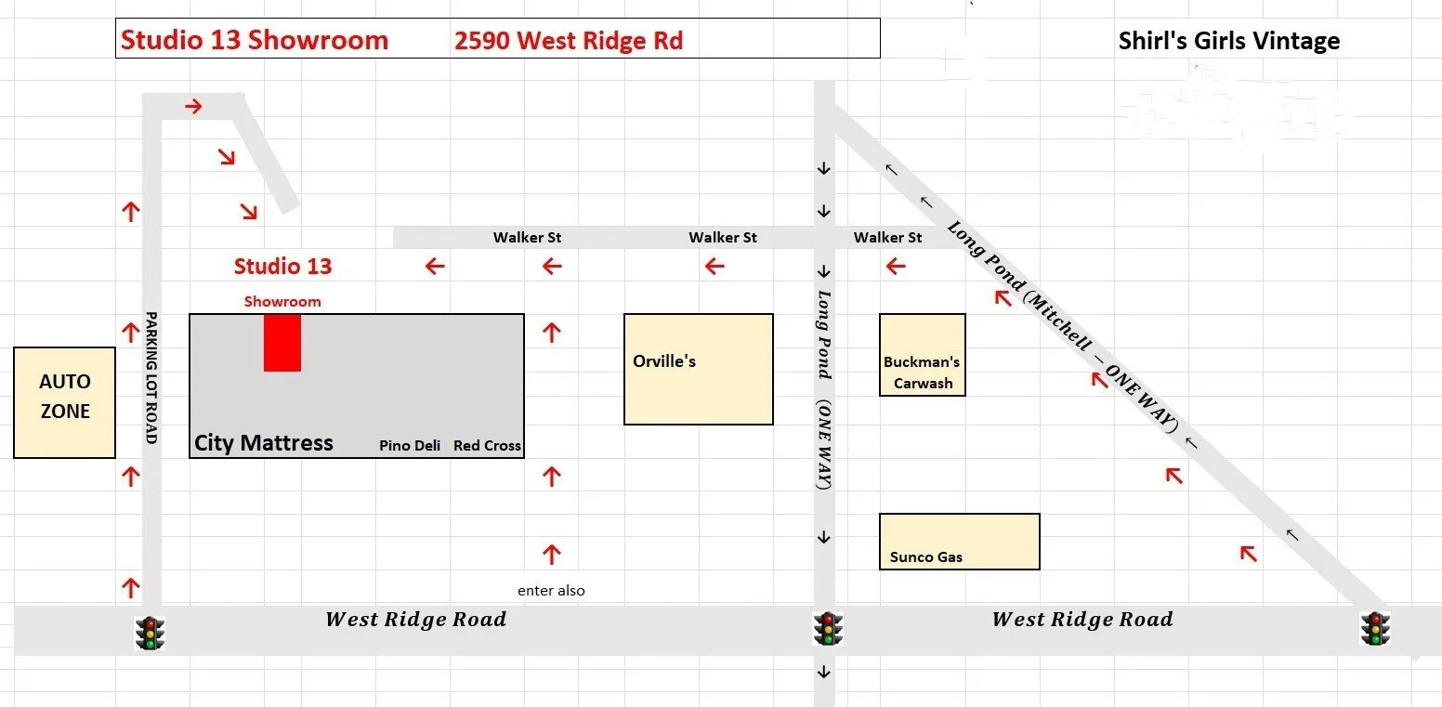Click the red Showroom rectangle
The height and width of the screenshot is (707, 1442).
[x=282, y=342]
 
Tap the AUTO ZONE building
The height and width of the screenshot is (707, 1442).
[x=64, y=402]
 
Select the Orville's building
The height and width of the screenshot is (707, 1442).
[x=698, y=369]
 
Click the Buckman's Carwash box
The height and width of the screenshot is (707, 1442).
[x=922, y=355]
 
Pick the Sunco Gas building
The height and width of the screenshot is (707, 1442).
[x=959, y=541]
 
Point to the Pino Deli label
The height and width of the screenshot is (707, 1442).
[x=410, y=446]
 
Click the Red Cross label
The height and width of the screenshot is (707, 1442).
[x=487, y=446]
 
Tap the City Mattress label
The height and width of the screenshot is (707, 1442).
[x=263, y=442]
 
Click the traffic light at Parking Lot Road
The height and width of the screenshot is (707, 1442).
[x=150, y=632]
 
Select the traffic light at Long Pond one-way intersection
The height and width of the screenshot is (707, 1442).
[x=828, y=628]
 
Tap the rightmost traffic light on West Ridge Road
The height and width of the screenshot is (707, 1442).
[x=1376, y=628]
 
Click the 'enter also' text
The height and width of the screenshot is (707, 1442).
[x=551, y=590]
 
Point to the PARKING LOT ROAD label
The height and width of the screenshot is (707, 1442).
[x=151, y=377]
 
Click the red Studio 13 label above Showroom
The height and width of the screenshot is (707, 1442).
[x=282, y=267]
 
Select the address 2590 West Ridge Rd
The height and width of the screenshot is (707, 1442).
[x=568, y=41]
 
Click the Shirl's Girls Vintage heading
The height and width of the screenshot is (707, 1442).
[x=1228, y=41]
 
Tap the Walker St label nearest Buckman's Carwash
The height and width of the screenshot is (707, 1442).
[x=887, y=237]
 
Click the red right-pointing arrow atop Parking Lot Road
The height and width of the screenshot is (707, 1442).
[x=193, y=107]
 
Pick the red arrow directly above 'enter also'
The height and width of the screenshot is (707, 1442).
[x=552, y=555]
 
